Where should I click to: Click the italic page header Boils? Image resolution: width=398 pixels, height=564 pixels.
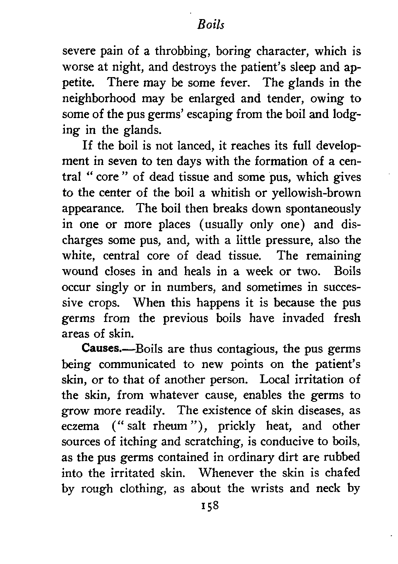click(211, 25)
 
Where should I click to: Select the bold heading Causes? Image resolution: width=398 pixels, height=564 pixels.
click(101, 349)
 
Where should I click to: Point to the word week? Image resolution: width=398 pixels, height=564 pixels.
click(259, 271)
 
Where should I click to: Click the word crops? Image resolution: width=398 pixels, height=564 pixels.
click(104, 303)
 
